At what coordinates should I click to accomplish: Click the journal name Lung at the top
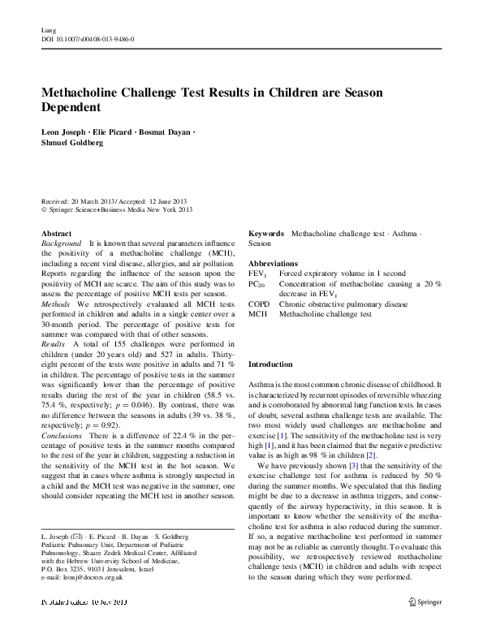click(47, 30)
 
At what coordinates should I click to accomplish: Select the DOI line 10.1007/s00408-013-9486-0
click(88, 39)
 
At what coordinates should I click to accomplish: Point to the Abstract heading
click(56, 233)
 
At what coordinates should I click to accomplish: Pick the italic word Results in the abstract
click(55, 345)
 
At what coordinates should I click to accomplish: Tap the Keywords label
click(265, 233)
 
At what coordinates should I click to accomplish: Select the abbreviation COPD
click(259, 303)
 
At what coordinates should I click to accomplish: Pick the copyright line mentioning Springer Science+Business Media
click(117, 209)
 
